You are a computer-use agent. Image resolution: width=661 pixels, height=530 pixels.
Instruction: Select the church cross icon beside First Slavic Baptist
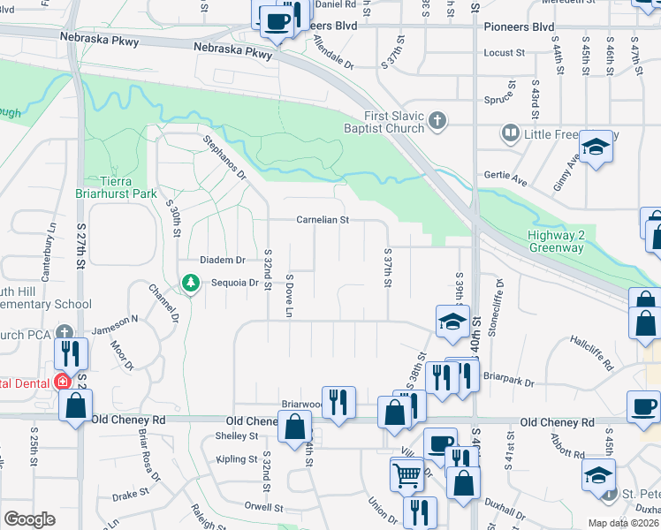[436, 119]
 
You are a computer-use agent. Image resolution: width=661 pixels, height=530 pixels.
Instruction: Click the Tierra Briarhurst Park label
[121, 186]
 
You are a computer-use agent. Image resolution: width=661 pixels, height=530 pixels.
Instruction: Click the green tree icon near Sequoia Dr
[189, 283]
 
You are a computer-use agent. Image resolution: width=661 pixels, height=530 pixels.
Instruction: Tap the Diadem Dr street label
[222, 261]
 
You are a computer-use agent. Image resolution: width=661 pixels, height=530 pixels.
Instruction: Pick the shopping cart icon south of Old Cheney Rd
[406, 474]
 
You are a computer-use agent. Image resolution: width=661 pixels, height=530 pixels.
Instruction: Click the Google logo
[29, 519]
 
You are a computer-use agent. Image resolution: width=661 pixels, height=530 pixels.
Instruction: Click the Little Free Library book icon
[510, 134]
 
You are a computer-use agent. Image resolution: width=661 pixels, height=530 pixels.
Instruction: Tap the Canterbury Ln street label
[54, 249]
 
